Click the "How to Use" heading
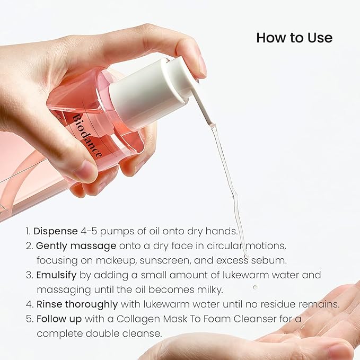pos(294,38)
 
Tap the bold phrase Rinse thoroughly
pos(77,304)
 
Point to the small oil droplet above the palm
pos(255,287)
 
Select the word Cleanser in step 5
pos(284,319)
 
